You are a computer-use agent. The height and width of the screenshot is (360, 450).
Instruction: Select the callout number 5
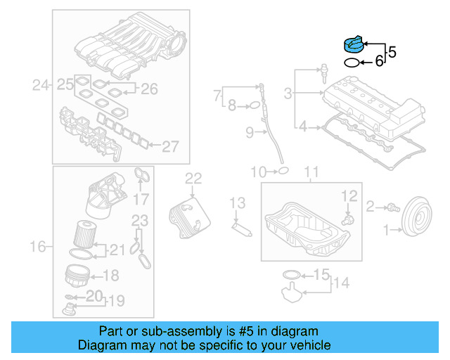pyautogui.click(x=392, y=51)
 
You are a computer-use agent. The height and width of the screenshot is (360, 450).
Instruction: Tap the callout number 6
pyautogui.click(x=379, y=62)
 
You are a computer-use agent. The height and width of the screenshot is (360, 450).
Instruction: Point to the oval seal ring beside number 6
pyautogui.click(x=351, y=63)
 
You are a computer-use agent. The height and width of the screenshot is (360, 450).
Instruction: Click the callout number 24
pyautogui.click(x=41, y=86)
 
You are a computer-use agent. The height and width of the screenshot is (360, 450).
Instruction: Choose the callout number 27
pyautogui.click(x=171, y=146)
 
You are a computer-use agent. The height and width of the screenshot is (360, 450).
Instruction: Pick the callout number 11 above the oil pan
pyautogui.click(x=311, y=172)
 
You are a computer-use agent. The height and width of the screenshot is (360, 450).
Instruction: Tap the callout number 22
pyautogui.click(x=193, y=179)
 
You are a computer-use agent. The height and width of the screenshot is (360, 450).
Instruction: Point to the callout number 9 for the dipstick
pyautogui.click(x=249, y=131)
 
